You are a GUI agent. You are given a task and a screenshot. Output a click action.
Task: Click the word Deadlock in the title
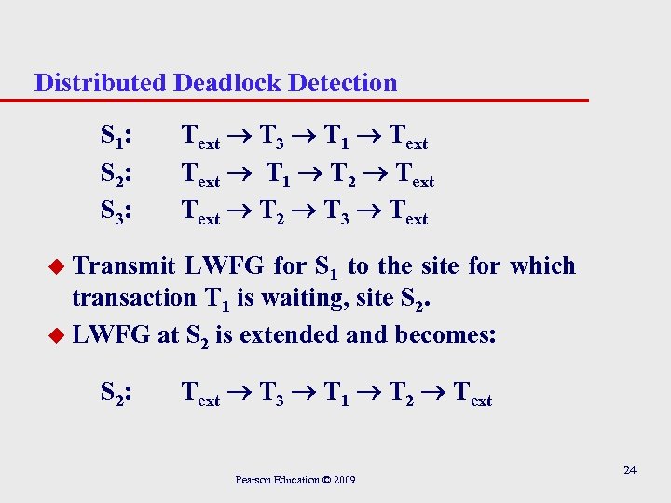[x=227, y=83]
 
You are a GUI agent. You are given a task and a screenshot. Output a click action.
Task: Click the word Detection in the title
[x=343, y=83]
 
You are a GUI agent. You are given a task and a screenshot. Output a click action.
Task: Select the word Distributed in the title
[x=101, y=83]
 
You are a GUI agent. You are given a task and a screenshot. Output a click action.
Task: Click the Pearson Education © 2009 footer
[x=294, y=480]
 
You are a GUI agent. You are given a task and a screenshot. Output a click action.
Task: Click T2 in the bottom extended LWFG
[x=406, y=397]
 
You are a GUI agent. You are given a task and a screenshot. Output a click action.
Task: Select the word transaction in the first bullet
[x=132, y=301]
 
